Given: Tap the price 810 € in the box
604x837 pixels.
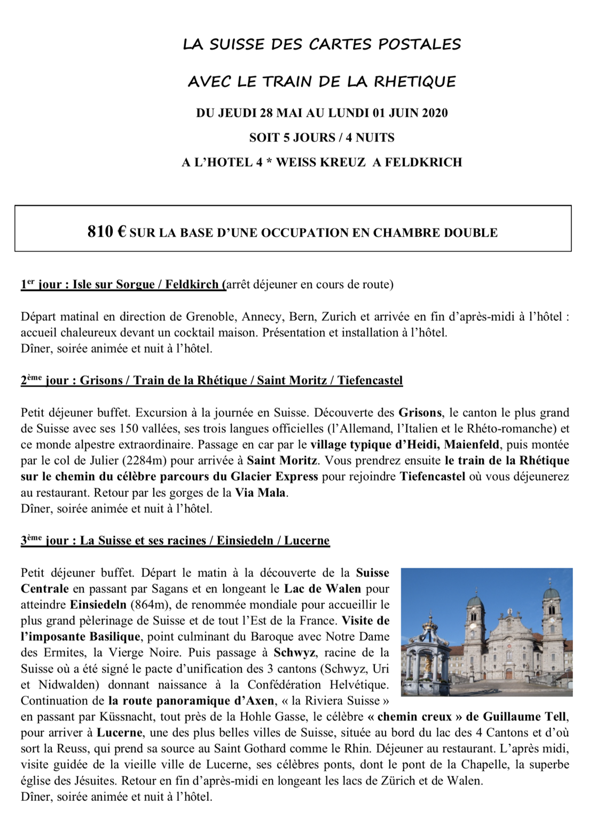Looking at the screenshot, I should [x=107, y=232].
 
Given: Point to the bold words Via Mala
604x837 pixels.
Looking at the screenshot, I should [x=261, y=492].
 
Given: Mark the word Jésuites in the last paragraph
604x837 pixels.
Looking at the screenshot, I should [x=95, y=780].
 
